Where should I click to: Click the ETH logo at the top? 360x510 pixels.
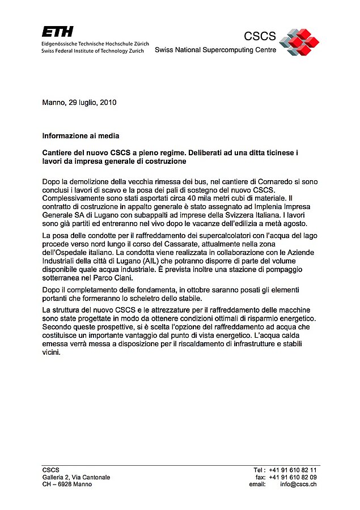(57, 32)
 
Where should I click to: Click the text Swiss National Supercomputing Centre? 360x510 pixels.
(215, 50)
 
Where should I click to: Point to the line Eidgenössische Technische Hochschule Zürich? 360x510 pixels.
(95, 44)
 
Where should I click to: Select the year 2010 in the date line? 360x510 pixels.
(108, 103)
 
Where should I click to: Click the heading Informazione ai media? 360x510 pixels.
(81, 136)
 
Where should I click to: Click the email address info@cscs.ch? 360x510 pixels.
(298, 484)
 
